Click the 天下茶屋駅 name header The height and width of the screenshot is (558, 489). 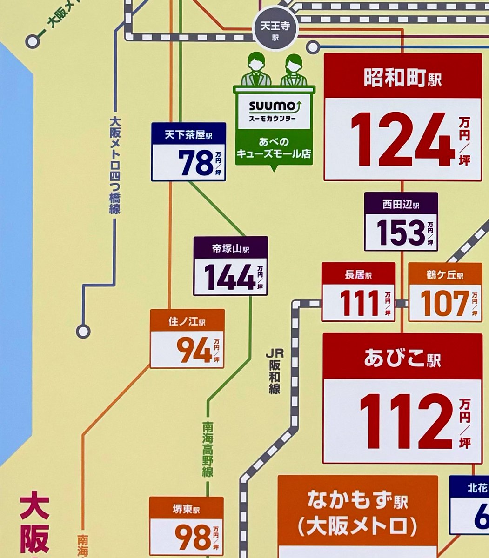pos(188,135)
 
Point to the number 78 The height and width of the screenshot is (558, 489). pos(195,163)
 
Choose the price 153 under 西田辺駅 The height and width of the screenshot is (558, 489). pos(401,232)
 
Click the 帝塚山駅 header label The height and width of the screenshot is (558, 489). pos(230,248)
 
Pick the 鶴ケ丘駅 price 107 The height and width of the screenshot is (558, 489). pos(445,304)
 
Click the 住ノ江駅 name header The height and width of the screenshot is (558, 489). pos(187,321)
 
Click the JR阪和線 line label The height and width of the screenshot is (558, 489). pos(274,372)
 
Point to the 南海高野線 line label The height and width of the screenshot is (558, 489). pos(208,449)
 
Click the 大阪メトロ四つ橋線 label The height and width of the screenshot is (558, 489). pos(114,165)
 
